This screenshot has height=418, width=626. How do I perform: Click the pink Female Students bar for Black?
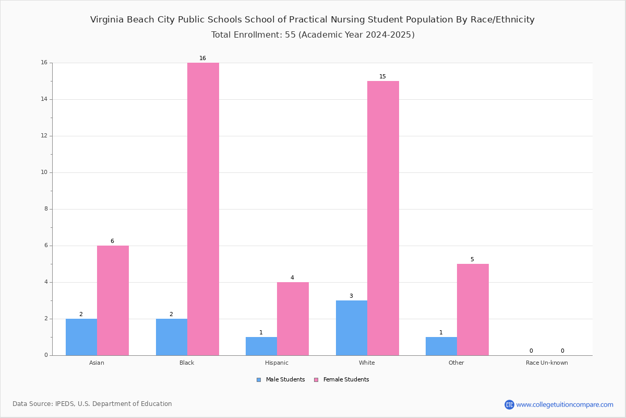pyautogui.click(x=203, y=209)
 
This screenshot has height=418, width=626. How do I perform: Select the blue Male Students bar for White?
pyautogui.click(x=352, y=328)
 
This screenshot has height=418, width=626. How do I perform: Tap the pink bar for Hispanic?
pyautogui.click(x=293, y=319)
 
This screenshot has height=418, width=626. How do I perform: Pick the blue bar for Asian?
pyautogui.click(x=81, y=337)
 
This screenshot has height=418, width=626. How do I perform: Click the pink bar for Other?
pyautogui.click(x=473, y=310)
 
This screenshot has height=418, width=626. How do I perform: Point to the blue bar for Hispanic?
pyautogui.click(x=261, y=346)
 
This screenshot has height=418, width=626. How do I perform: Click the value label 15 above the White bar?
pyautogui.click(x=382, y=76)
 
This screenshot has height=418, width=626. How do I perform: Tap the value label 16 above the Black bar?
pyautogui.click(x=202, y=58)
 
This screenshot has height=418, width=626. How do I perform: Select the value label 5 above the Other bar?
pyautogui.click(x=472, y=259)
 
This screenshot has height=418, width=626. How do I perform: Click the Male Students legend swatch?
pyautogui.click(x=259, y=380)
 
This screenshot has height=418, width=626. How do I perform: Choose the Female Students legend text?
pyautogui.click(x=346, y=380)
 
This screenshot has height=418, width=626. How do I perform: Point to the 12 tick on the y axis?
pyautogui.click(x=51, y=136)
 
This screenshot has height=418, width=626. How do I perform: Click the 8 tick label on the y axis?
pyautogui.click(x=46, y=209)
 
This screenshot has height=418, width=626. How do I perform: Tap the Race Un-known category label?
pyautogui.click(x=547, y=363)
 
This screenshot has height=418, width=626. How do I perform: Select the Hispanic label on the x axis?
pyautogui.click(x=276, y=363)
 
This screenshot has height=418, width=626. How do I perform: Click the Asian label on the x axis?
pyautogui.click(x=97, y=363)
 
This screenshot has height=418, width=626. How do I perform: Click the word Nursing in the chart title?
pyautogui.click(x=347, y=20)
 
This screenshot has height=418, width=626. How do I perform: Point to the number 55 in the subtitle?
pyautogui.click(x=290, y=34)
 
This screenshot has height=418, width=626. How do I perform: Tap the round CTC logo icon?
pyautogui.click(x=509, y=404)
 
